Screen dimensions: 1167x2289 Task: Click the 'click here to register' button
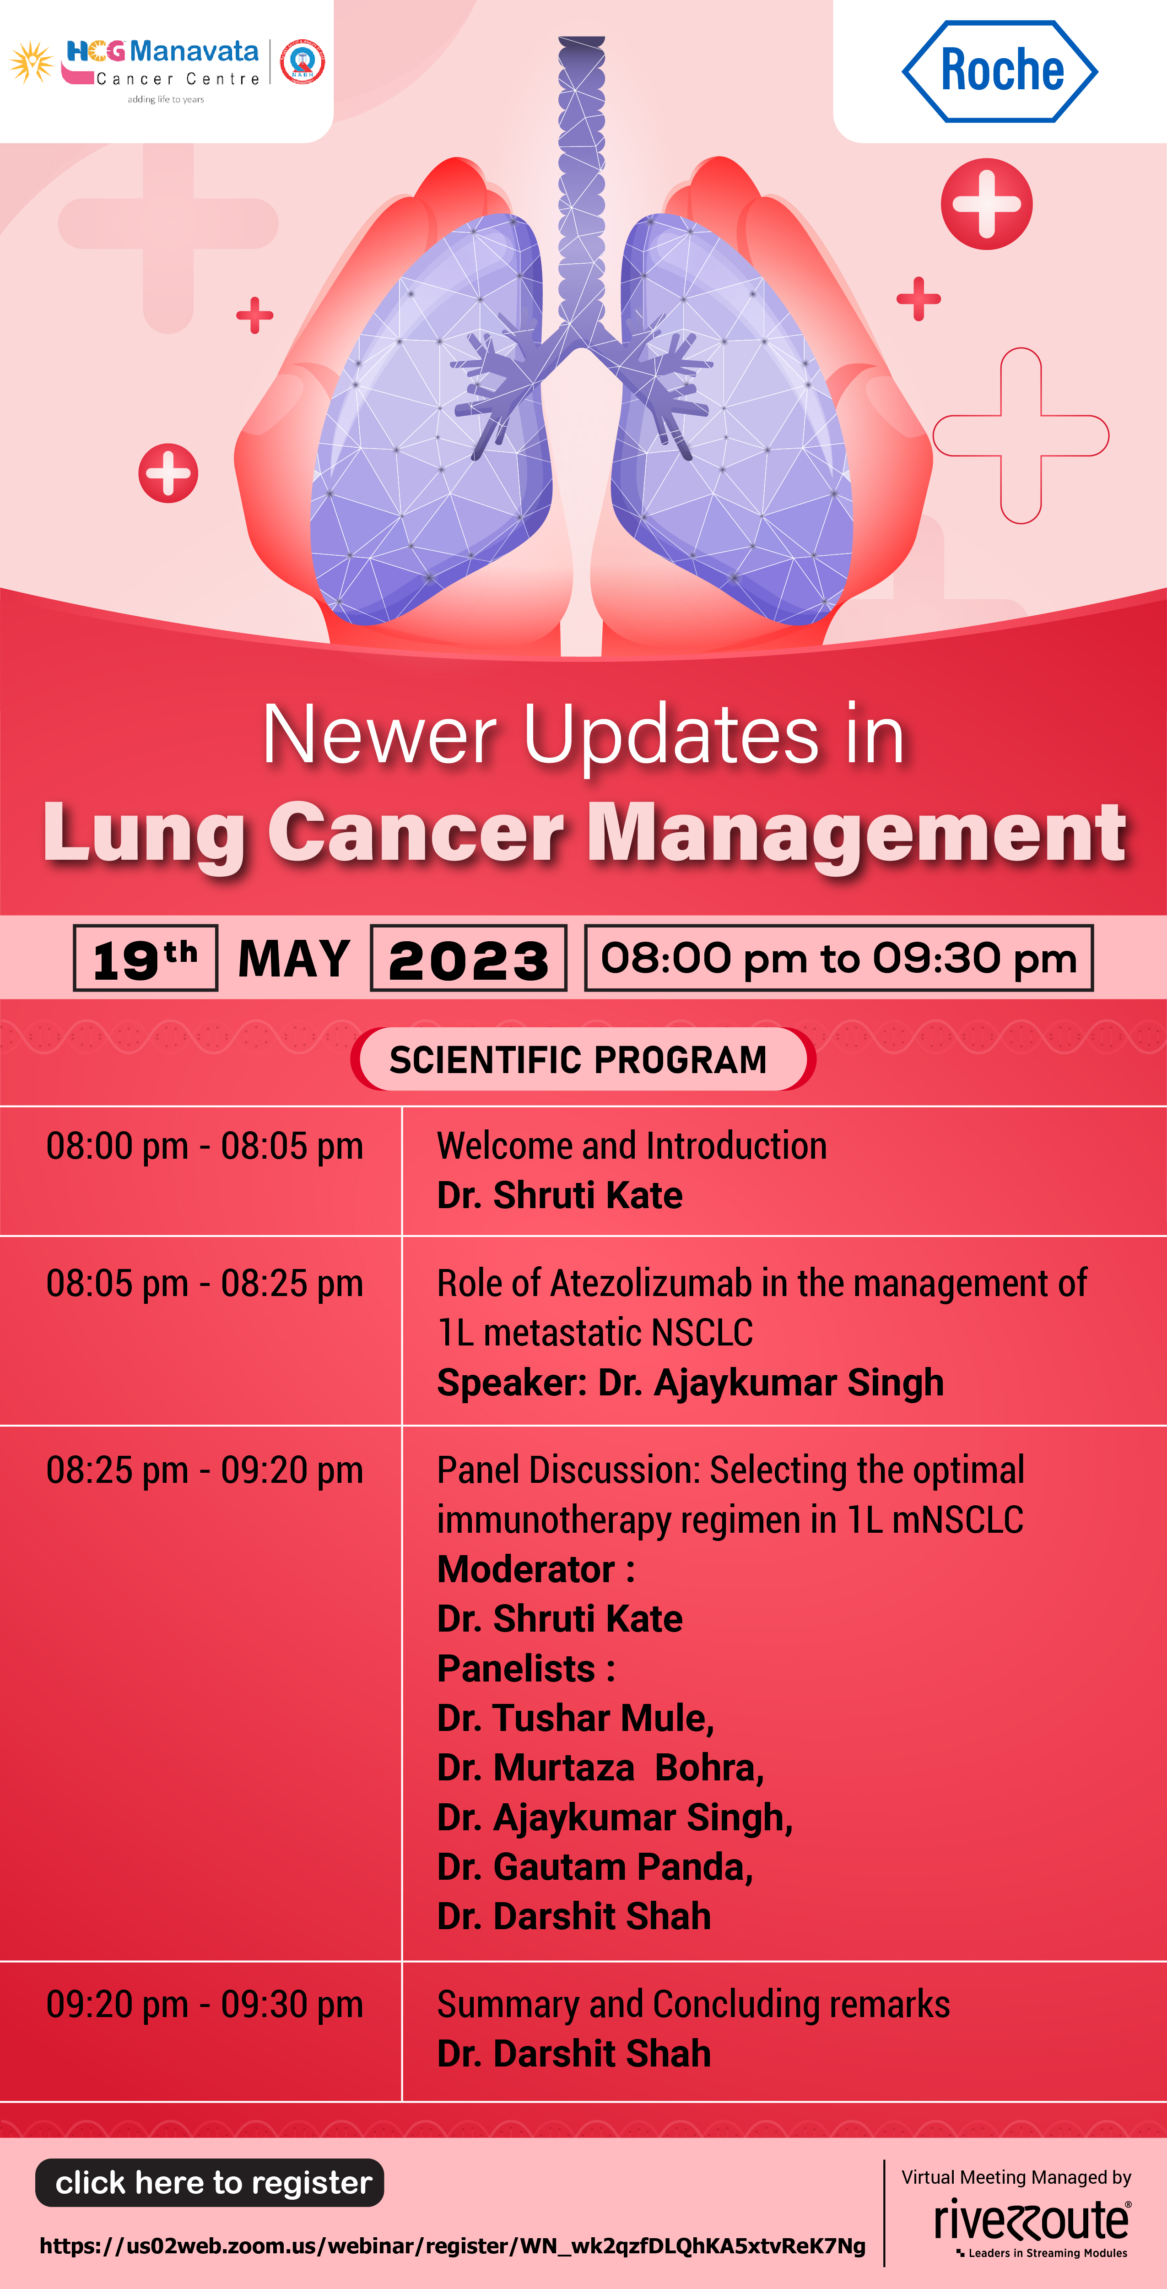pyautogui.click(x=210, y=2182)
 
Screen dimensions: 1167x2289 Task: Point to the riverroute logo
pyautogui.click(x=1032, y=2227)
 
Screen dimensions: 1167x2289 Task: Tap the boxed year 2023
pyautogui.click(x=468, y=958)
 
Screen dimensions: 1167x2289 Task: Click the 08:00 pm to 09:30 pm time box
pyautogui.click(x=838, y=958)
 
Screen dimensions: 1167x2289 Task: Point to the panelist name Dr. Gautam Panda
pyautogui.click(x=593, y=1867)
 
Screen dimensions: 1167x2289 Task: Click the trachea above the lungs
pyautogui.click(x=582, y=187)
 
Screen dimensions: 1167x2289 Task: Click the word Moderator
pyautogui.click(x=526, y=1569)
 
